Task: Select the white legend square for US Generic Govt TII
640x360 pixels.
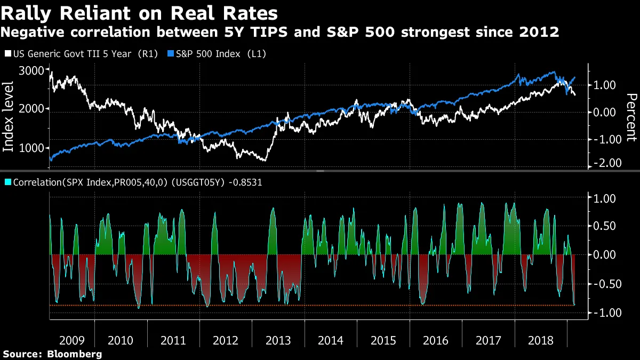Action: [7, 54]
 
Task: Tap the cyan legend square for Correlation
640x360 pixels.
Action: [7, 182]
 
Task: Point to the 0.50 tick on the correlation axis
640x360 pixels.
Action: [605, 226]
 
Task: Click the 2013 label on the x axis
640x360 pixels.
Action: [278, 340]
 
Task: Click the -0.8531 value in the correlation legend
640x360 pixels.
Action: [244, 182]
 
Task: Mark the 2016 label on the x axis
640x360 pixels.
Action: [436, 340]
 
